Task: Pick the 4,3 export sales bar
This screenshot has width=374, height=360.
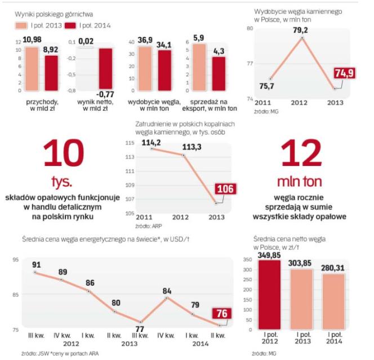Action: pyautogui.click(x=219, y=73)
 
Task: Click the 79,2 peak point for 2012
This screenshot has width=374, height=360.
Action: pyautogui.click(x=301, y=38)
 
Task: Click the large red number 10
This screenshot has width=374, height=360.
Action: pyautogui.click(x=63, y=154)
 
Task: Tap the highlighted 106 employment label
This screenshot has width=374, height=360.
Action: pyautogui.click(x=225, y=189)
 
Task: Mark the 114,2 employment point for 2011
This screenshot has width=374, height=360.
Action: pyautogui.click(x=152, y=148)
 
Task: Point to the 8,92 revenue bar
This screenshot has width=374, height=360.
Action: pyautogui.click(x=51, y=73)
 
